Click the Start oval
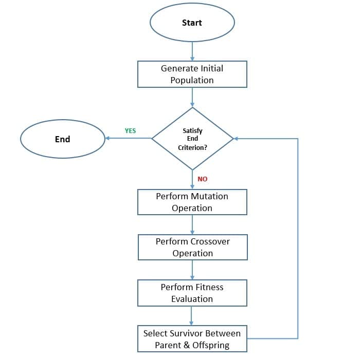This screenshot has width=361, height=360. pyautogui.click(x=192, y=23)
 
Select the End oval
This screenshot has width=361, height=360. pyautogui.click(x=62, y=139)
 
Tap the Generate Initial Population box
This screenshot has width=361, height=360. pyautogui.click(x=192, y=74)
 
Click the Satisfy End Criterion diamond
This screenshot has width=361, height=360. pyautogui.click(x=192, y=139)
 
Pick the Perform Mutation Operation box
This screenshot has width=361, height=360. pyautogui.click(x=192, y=202)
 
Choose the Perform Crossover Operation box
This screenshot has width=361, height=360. pyautogui.click(x=192, y=247)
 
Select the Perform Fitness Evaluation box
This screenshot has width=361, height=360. pyautogui.click(x=192, y=293)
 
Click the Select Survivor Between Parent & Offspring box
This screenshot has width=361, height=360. pyautogui.click(x=192, y=339)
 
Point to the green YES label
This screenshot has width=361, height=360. pyautogui.click(x=131, y=131)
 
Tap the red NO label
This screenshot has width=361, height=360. pyautogui.click(x=203, y=179)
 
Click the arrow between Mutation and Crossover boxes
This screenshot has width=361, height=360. pyautogui.click(x=192, y=224)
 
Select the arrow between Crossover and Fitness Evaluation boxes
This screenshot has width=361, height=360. pyautogui.click(x=192, y=270)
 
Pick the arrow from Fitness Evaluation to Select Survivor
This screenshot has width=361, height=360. pyautogui.click(x=192, y=315)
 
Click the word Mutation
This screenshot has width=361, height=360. pyautogui.click(x=209, y=196)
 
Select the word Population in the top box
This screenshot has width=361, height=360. pyautogui.click(x=192, y=80)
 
